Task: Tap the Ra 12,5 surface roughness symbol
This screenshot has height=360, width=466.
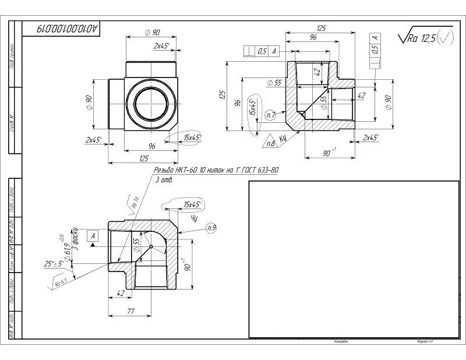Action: [424, 38]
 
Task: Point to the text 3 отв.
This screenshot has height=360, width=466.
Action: [165, 179]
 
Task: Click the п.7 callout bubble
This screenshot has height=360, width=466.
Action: [270, 115]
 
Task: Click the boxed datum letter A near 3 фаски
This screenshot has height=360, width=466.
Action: [93, 235]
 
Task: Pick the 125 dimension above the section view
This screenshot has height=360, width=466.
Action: [321, 27]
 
